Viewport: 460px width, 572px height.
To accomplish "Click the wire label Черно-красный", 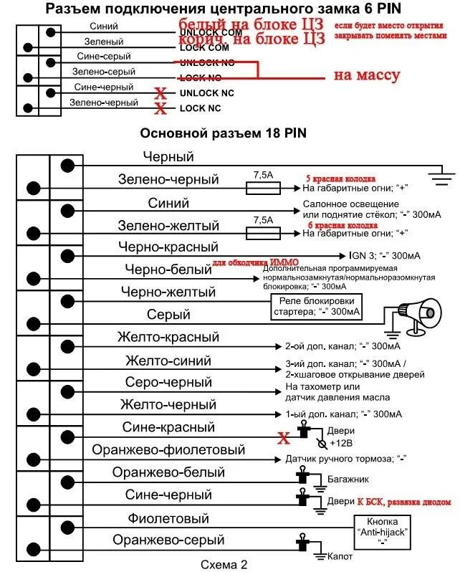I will click(168, 247).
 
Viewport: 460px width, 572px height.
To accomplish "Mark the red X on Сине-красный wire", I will click(284, 436).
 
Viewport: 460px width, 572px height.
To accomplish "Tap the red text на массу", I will click(366, 75).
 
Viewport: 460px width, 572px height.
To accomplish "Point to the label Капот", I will click(337, 556).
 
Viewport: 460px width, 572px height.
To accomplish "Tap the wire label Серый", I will click(168, 314).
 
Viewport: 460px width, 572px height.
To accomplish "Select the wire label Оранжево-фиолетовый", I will click(168, 450).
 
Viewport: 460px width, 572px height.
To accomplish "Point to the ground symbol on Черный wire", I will click(441, 171).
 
